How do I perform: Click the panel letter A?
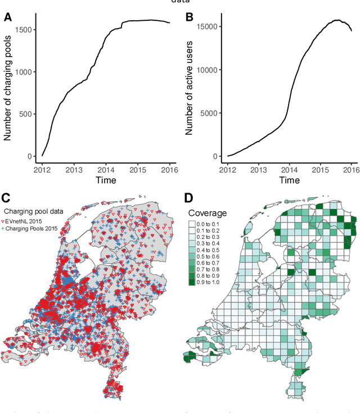click(8, 17)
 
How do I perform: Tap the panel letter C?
click(7, 197)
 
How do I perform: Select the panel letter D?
click(189, 197)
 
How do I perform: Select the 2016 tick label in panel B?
click(351, 169)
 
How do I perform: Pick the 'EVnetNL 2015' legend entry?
click(34, 221)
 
